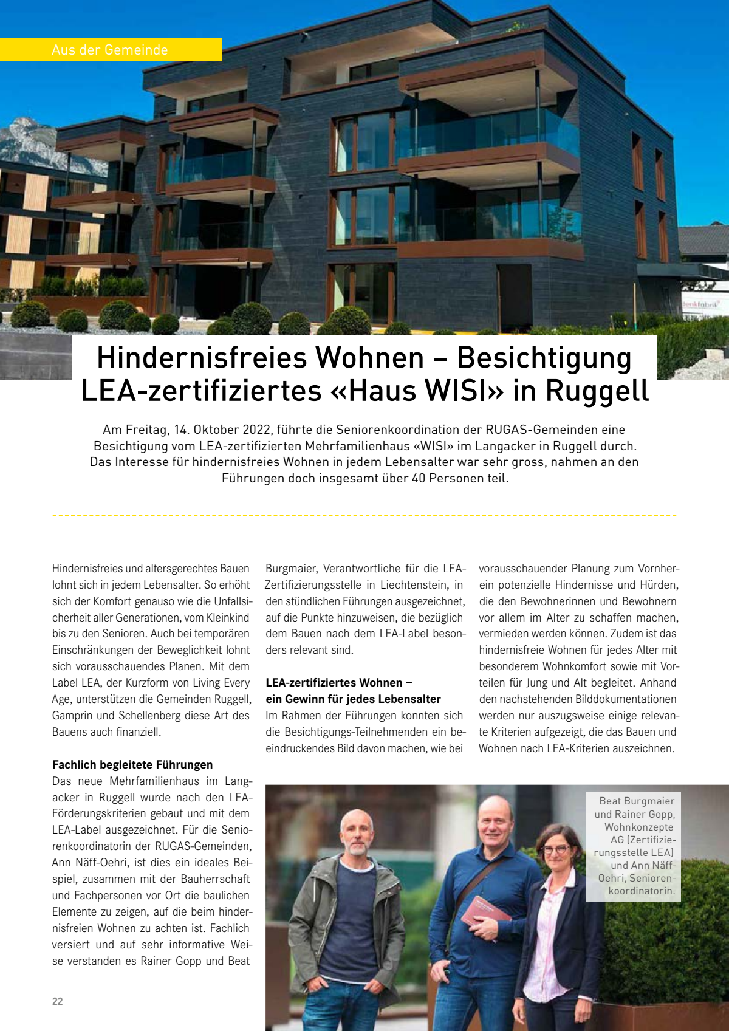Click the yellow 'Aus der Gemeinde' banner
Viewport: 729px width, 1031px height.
[x=110, y=50]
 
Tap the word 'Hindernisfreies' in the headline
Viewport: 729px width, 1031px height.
[x=200, y=357]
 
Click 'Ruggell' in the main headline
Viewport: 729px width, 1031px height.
[x=597, y=391]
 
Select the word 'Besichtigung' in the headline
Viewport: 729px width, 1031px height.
[x=544, y=357]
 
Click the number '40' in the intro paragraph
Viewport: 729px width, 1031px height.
[x=419, y=478]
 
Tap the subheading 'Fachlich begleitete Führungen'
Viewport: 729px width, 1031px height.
[x=132, y=764]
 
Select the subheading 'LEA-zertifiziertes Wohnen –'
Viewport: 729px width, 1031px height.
[x=339, y=682]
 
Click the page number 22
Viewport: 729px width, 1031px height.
[x=58, y=1001]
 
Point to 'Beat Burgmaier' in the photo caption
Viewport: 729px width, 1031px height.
[x=636, y=801]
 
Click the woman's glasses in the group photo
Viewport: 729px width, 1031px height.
[x=556, y=848]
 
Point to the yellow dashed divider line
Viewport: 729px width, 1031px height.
[x=364, y=515]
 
